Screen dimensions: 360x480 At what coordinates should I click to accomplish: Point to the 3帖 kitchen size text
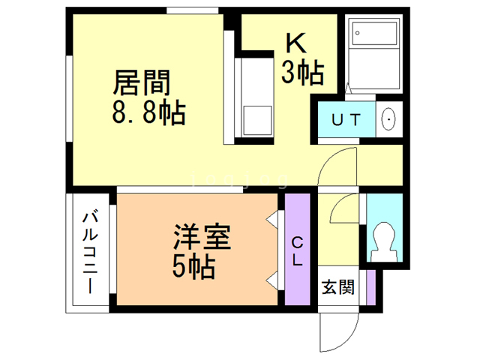pyautogui.click(x=302, y=73)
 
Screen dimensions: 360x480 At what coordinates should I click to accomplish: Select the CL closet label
pyautogui.click(x=298, y=250)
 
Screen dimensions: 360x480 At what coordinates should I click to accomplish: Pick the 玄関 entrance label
pyautogui.click(x=337, y=286)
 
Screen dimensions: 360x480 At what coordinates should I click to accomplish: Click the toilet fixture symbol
pyautogui.click(x=384, y=240)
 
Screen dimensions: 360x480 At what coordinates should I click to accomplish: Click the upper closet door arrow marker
pyautogui.click(x=272, y=220)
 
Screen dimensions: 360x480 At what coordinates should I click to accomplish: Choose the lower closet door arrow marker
pyautogui.click(x=272, y=280)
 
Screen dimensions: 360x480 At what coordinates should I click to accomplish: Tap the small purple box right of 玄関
pyautogui.click(x=370, y=287)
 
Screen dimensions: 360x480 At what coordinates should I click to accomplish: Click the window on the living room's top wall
pyautogui.click(x=187, y=10)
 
